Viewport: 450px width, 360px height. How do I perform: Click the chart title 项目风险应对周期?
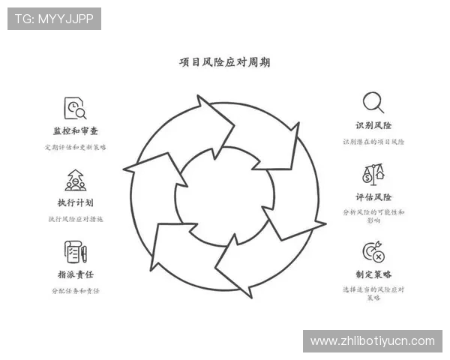click(x=225, y=62)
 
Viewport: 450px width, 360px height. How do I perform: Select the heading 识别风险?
click(x=373, y=125)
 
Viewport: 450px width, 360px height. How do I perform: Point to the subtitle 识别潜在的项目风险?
click(x=373, y=141)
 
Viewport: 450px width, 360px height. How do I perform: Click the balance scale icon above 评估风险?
click(x=373, y=175)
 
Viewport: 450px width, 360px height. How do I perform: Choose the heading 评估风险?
click(x=373, y=197)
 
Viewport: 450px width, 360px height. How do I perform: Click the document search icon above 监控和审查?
click(x=75, y=109)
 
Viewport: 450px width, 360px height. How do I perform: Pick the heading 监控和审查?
click(x=75, y=131)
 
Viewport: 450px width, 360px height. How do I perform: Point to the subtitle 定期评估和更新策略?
click(x=75, y=147)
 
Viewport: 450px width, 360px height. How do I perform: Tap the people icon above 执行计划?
click(x=75, y=180)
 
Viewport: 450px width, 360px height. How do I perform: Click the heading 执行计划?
click(x=75, y=202)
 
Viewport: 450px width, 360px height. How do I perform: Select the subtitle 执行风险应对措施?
click(x=75, y=219)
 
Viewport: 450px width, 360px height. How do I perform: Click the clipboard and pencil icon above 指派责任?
click(x=75, y=251)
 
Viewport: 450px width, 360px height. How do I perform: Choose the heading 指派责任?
click(x=75, y=274)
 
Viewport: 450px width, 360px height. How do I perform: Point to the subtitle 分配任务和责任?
click(x=75, y=290)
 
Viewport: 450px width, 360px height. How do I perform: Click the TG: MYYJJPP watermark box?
click(x=54, y=19)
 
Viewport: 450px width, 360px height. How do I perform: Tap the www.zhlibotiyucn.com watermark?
click(x=372, y=341)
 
